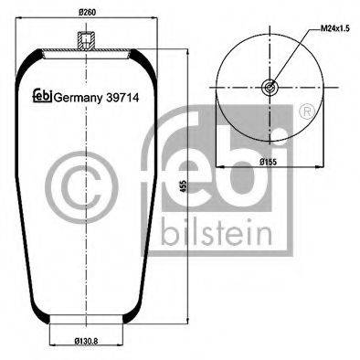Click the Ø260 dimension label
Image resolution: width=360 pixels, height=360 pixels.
click(x=87, y=12)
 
